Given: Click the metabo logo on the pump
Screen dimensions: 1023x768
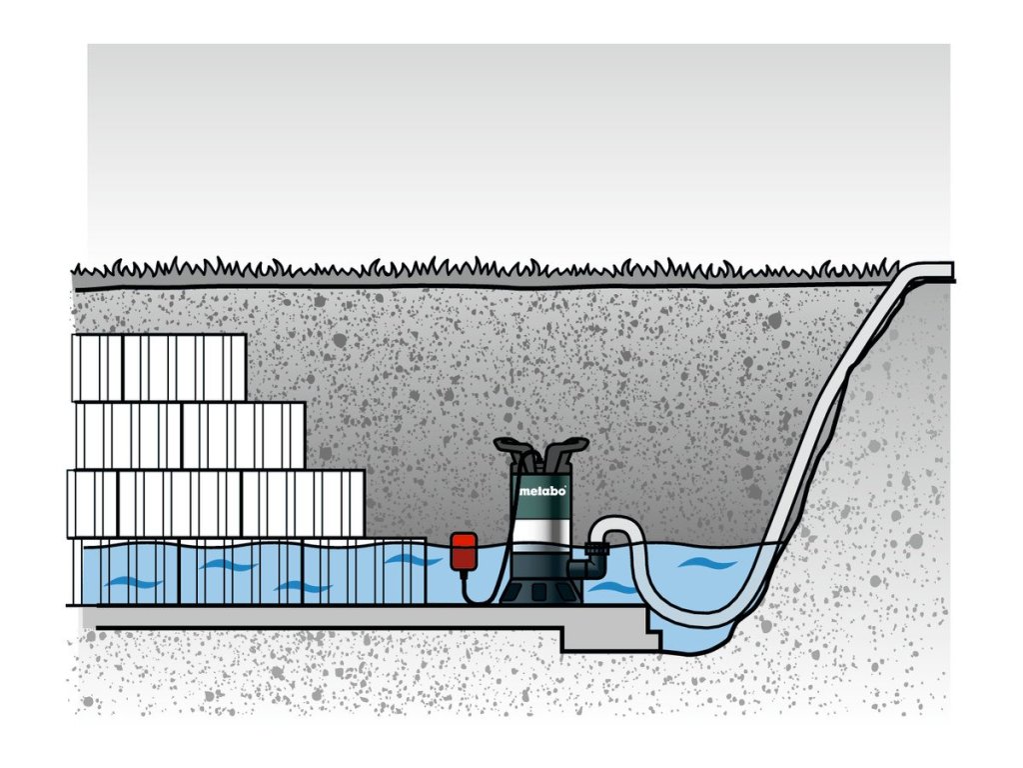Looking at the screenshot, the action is click(x=541, y=490).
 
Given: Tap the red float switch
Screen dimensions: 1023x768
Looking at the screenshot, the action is click(x=464, y=551).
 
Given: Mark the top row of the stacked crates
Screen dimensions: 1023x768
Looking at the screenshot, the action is click(x=159, y=367).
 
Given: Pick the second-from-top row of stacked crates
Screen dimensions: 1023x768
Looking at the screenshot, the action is click(x=190, y=435).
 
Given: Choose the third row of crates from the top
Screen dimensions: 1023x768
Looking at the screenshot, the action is click(x=216, y=503).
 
